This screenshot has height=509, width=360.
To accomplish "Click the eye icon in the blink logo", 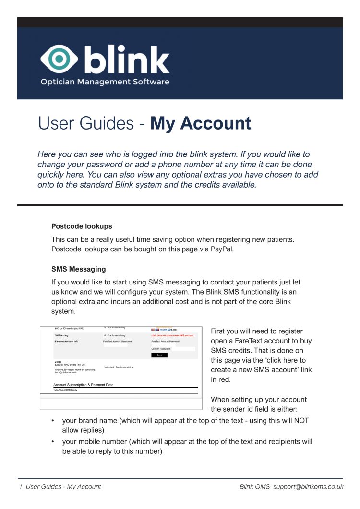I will [x=60, y=59].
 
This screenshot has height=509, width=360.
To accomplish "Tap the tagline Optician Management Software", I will [x=105, y=82].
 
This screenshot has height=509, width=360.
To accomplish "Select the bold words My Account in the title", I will [x=201, y=123].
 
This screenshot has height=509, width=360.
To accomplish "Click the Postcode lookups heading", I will [x=82, y=226].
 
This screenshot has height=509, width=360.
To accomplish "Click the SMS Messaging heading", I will [x=79, y=269].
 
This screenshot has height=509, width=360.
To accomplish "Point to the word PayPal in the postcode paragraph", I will [x=222, y=249].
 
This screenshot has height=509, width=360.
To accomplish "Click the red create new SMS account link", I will [x=172, y=335].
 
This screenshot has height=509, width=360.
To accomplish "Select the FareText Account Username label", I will [x=117, y=341].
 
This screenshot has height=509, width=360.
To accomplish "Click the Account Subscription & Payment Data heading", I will [x=84, y=385].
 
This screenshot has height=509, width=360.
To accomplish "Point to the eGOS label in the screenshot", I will [x=59, y=362].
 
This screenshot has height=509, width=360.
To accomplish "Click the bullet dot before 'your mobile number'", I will [x=53, y=442].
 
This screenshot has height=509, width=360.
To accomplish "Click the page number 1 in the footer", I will [x=21, y=486].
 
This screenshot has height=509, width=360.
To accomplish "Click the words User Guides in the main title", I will [x=86, y=123].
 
